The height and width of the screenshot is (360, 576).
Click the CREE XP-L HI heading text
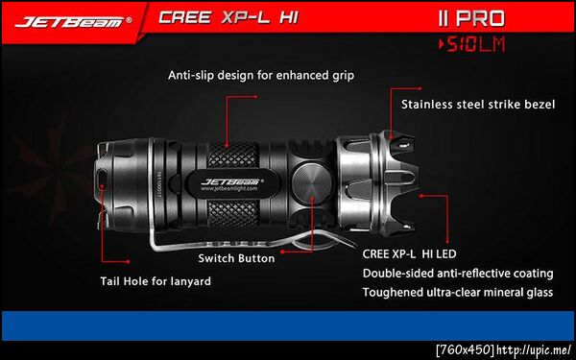[228, 17]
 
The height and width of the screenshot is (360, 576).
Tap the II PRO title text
[471, 18]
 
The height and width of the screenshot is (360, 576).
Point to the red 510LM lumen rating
[472, 45]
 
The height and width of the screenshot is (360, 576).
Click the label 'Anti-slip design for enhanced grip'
[261, 75]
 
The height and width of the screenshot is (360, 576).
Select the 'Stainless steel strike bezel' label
[478, 105]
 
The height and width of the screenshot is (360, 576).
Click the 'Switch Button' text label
[236, 258]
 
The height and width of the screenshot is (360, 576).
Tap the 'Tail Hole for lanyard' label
[156, 281]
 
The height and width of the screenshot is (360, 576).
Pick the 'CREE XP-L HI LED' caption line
[409, 253]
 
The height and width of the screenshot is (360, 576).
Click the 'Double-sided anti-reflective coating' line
[458, 274]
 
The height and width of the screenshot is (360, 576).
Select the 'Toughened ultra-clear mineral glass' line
[458, 293]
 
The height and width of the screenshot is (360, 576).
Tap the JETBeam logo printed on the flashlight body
[232, 181]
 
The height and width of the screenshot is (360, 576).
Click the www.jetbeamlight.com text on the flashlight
[229, 188]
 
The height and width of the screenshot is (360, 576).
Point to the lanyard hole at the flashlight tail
[102, 179]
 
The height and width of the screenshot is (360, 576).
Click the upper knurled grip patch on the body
[233, 155]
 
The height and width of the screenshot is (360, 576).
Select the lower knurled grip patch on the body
[233, 214]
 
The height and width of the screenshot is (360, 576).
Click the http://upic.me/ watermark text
[536, 349]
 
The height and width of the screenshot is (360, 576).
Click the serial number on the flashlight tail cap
[159, 184]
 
